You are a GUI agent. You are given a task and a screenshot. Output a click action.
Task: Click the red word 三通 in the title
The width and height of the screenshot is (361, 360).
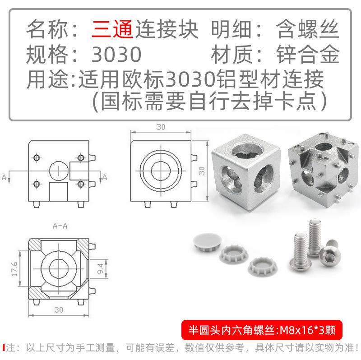pos(112,29)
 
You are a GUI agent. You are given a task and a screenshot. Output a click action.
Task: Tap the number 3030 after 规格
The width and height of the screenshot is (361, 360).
pos(116,54)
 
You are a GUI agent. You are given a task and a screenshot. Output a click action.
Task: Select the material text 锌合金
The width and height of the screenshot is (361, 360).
pos(308,54)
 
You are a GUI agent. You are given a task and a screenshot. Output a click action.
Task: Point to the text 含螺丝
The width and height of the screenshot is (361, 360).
pos(308,29)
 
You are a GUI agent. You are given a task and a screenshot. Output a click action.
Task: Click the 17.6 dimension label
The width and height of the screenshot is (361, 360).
pos(14,268)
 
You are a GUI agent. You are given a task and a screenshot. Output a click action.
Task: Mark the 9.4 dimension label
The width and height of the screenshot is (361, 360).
pos(101,268)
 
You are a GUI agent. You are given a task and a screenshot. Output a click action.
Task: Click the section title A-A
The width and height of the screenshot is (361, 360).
pos(60,226)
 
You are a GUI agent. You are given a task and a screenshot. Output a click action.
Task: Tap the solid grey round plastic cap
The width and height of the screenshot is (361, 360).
pos(207,240)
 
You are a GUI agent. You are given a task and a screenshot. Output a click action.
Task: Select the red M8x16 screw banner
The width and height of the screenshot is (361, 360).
pos(262,330)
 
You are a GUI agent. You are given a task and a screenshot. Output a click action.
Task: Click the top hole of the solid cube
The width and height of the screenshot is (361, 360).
pos(246,151)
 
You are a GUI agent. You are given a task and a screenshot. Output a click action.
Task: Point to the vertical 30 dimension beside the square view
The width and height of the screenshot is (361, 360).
pos(201,171)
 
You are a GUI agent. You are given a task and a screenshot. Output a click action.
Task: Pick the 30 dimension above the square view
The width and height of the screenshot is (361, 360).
pos(161,127)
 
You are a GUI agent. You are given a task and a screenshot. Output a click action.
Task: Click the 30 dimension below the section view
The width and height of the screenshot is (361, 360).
pos(59,309)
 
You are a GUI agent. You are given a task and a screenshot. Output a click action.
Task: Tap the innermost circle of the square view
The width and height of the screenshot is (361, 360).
pos(161,171)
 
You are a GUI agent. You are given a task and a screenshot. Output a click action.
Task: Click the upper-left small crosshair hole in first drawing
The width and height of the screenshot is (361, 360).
pos(37,158)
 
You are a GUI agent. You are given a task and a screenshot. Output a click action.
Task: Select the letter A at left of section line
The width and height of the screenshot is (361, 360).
pos(4,177)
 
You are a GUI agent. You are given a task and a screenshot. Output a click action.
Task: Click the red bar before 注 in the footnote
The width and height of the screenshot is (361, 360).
pos(4,347)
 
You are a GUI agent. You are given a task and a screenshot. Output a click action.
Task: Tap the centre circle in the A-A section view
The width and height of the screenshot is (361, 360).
pos(59,268)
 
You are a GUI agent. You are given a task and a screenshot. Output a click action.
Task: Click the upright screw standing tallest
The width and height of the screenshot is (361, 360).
pos(315,238)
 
